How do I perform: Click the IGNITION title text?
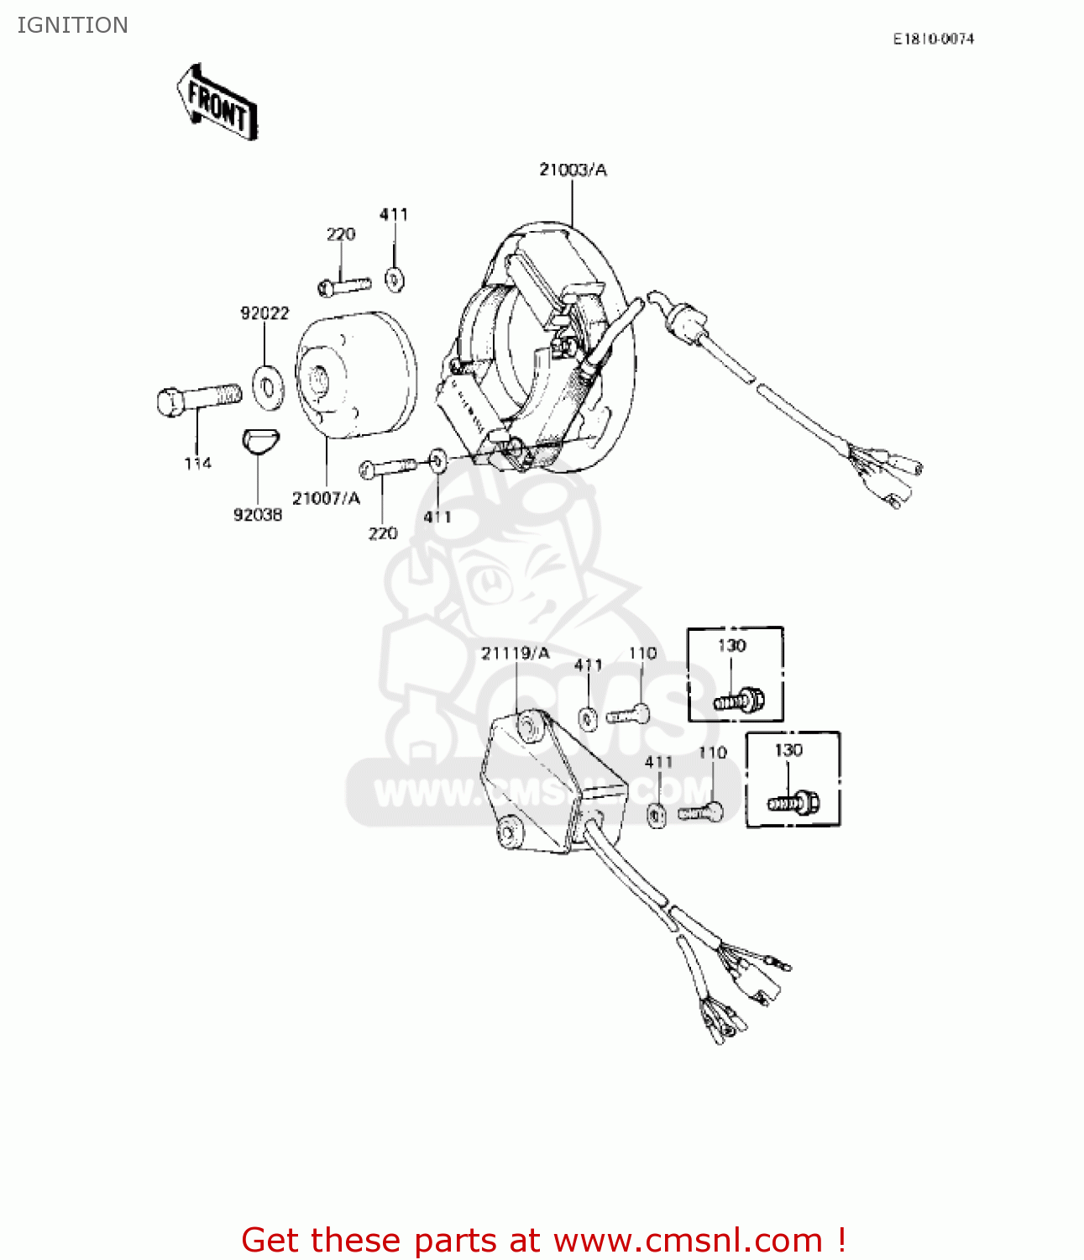coord(72,25)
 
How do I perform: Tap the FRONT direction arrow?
coord(217,103)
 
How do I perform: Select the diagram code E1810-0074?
coord(933,39)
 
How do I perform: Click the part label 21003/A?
coord(573,170)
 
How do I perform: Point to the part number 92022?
coord(264,313)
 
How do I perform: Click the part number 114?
coord(198,463)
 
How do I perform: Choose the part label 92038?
coord(258,514)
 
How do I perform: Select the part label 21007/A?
coord(326,498)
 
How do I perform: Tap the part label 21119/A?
coord(516,654)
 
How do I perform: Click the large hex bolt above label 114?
coord(197,397)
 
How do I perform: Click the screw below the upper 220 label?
coord(344,286)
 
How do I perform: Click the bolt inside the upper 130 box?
coord(739,699)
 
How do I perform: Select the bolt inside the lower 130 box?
coord(793,803)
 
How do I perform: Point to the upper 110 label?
coord(642,654)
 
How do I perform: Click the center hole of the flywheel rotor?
coord(319,380)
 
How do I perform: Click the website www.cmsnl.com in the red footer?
coord(688,1240)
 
